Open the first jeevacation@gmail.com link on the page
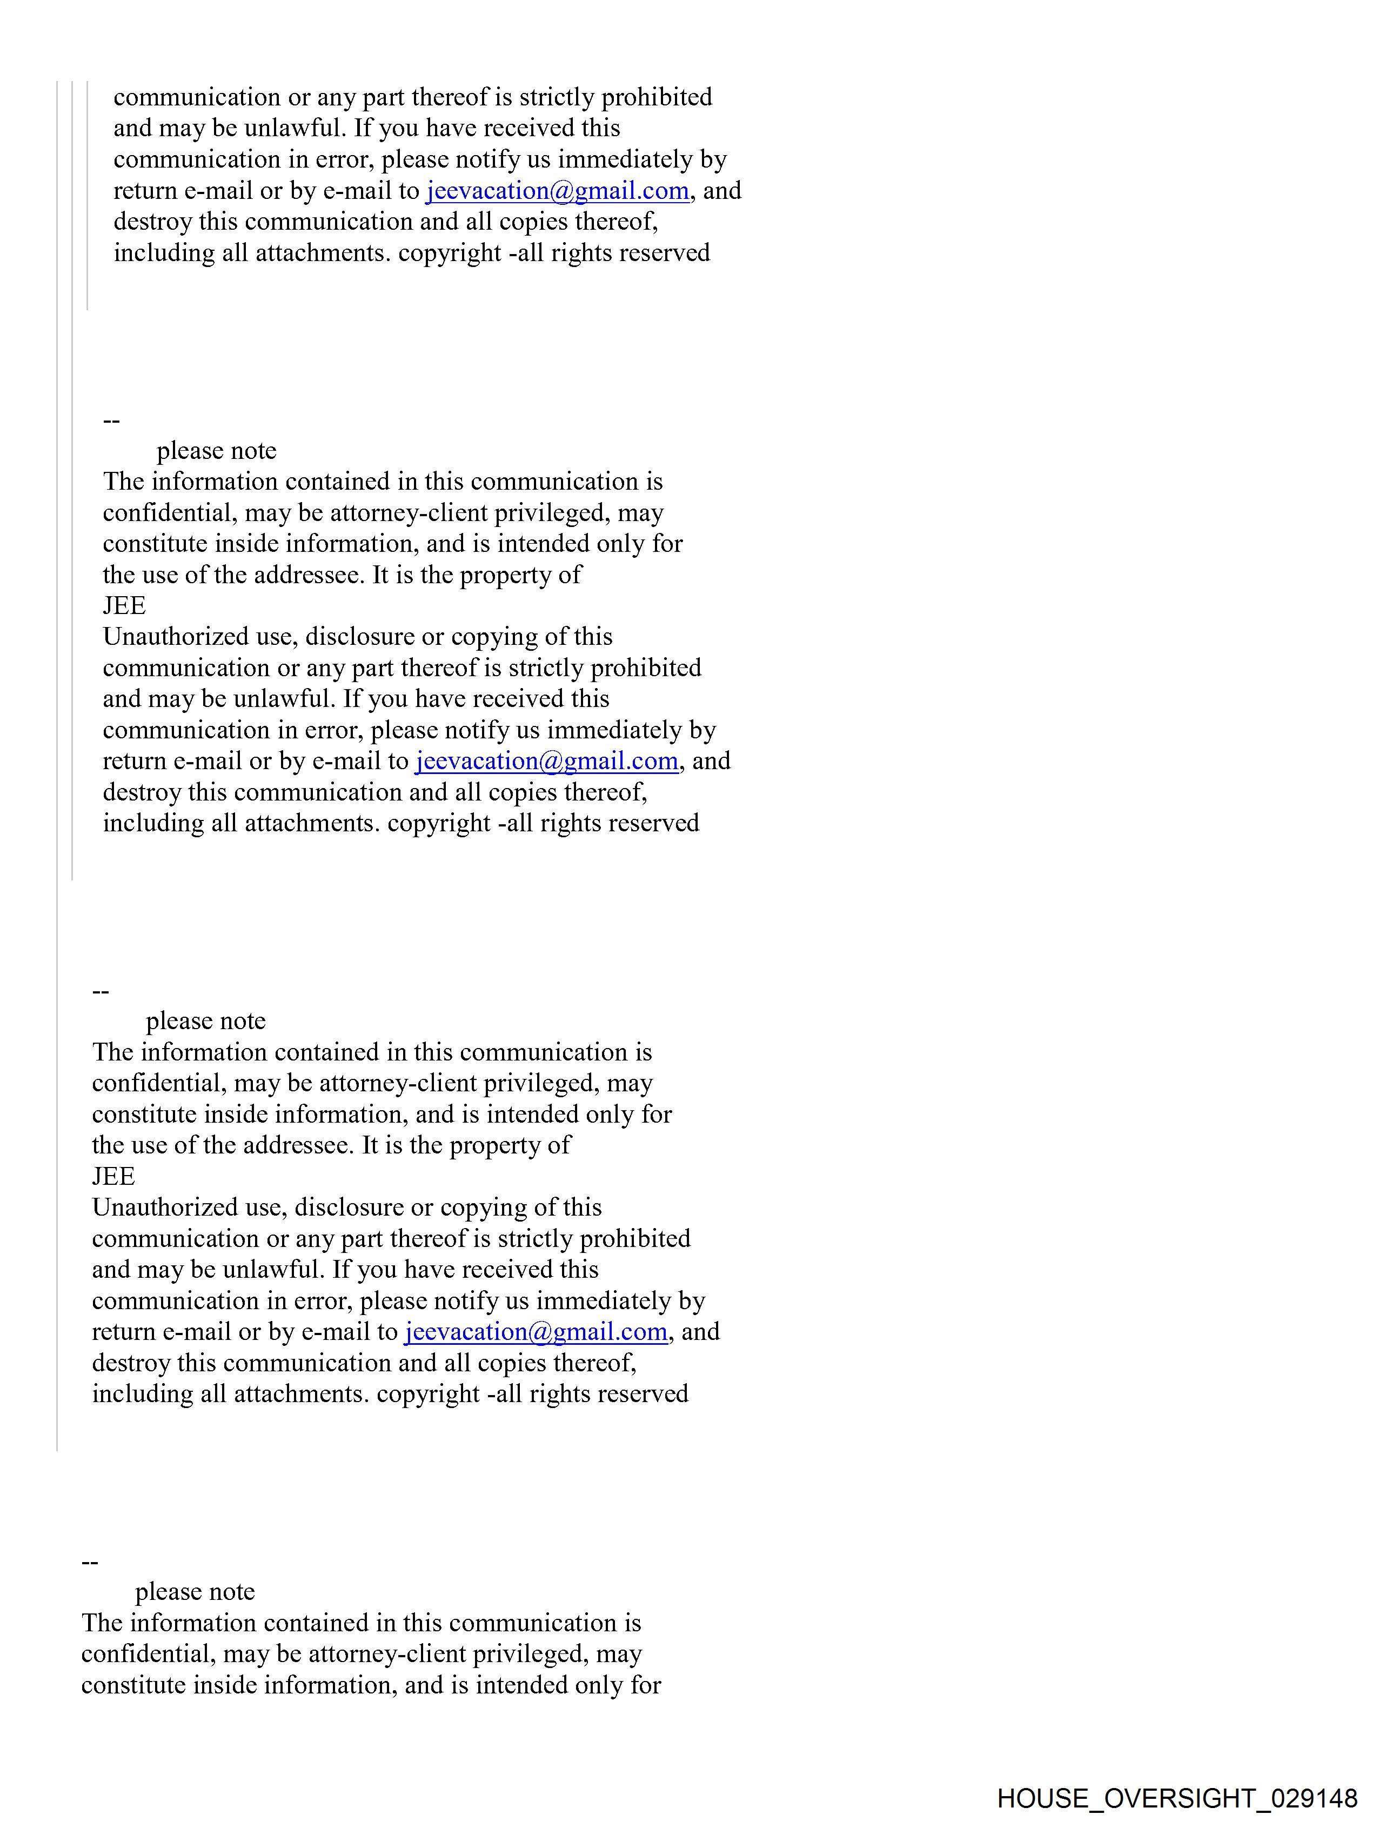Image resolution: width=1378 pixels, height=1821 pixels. [x=557, y=191]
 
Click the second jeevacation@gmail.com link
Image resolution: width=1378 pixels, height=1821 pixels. [x=546, y=762]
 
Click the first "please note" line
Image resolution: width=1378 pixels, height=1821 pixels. [x=217, y=451]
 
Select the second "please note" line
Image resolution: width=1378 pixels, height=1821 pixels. [x=206, y=1022]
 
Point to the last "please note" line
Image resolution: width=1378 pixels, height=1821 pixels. [x=195, y=1592]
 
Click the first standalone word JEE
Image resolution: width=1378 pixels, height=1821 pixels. [x=124, y=606]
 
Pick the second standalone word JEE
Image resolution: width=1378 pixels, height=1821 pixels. [x=113, y=1176]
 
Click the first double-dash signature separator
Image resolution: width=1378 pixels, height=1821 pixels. [x=111, y=421]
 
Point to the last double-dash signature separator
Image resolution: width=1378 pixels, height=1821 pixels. [x=90, y=1562]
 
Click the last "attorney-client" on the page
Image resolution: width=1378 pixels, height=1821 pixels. [x=387, y=1654]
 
